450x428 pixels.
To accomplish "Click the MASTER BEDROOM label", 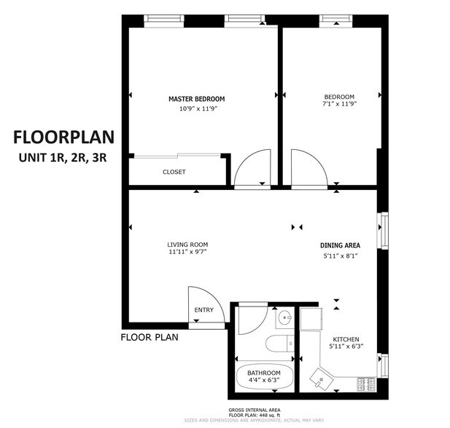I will coord(196,98).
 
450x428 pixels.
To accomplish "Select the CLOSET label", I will coord(174,173).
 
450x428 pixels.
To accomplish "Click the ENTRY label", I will coord(203,311).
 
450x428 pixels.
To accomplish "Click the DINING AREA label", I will coord(340,245).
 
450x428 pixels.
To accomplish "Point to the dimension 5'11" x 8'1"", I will coord(340,255).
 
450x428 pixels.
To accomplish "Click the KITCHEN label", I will coord(346,340).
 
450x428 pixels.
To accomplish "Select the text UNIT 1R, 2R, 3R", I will coord(61,159).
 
